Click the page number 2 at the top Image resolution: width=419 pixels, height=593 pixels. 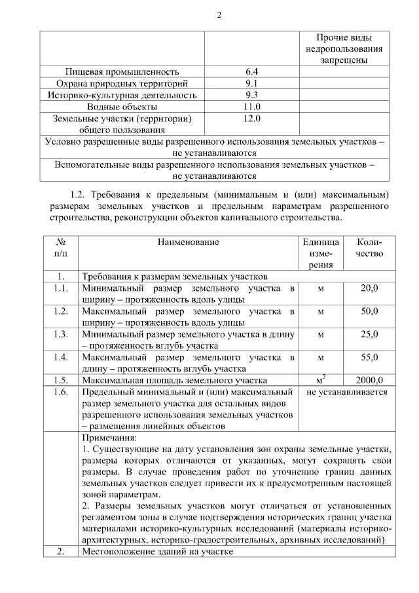[x=210, y=16]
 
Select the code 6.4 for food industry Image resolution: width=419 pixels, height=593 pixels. [x=251, y=71]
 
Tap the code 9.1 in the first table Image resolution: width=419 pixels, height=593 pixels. [x=251, y=83]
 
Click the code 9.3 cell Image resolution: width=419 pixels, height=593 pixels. [x=251, y=95]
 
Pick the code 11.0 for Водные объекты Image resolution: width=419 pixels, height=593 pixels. [x=251, y=107]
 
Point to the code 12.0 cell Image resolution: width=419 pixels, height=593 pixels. [x=251, y=119]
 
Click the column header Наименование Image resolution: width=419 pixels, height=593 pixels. [x=188, y=242]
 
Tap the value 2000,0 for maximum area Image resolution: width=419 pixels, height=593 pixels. [x=369, y=380]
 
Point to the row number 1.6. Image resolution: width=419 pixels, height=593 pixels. [x=60, y=392]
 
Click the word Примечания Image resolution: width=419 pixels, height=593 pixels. [x=110, y=437]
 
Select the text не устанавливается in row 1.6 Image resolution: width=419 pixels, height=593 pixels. [x=346, y=392]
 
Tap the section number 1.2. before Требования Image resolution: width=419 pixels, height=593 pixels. [x=78, y=195]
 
